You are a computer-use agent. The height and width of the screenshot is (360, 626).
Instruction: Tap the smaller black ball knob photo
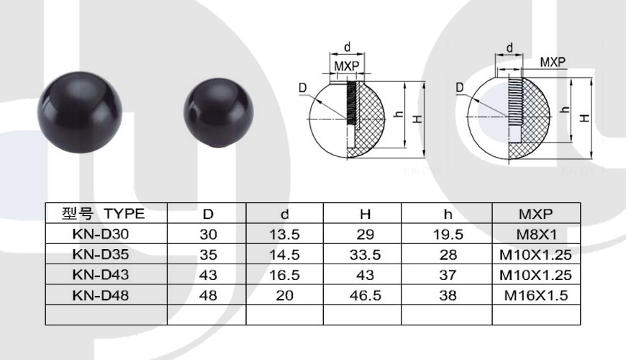click(219, 114)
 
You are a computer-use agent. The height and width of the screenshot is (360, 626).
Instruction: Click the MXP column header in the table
click(536, 214)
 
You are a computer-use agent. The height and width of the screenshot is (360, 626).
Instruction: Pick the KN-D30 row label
click(101, 234)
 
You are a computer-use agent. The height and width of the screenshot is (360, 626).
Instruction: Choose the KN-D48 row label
click(101, 295)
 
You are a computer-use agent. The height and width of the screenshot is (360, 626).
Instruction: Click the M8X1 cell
click(536, 234)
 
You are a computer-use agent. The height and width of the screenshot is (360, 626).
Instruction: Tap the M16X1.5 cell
click(536, 295)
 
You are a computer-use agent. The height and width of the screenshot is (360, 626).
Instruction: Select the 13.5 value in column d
click(284, 234)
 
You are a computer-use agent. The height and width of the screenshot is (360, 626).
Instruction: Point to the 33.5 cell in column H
click(365, 254)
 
